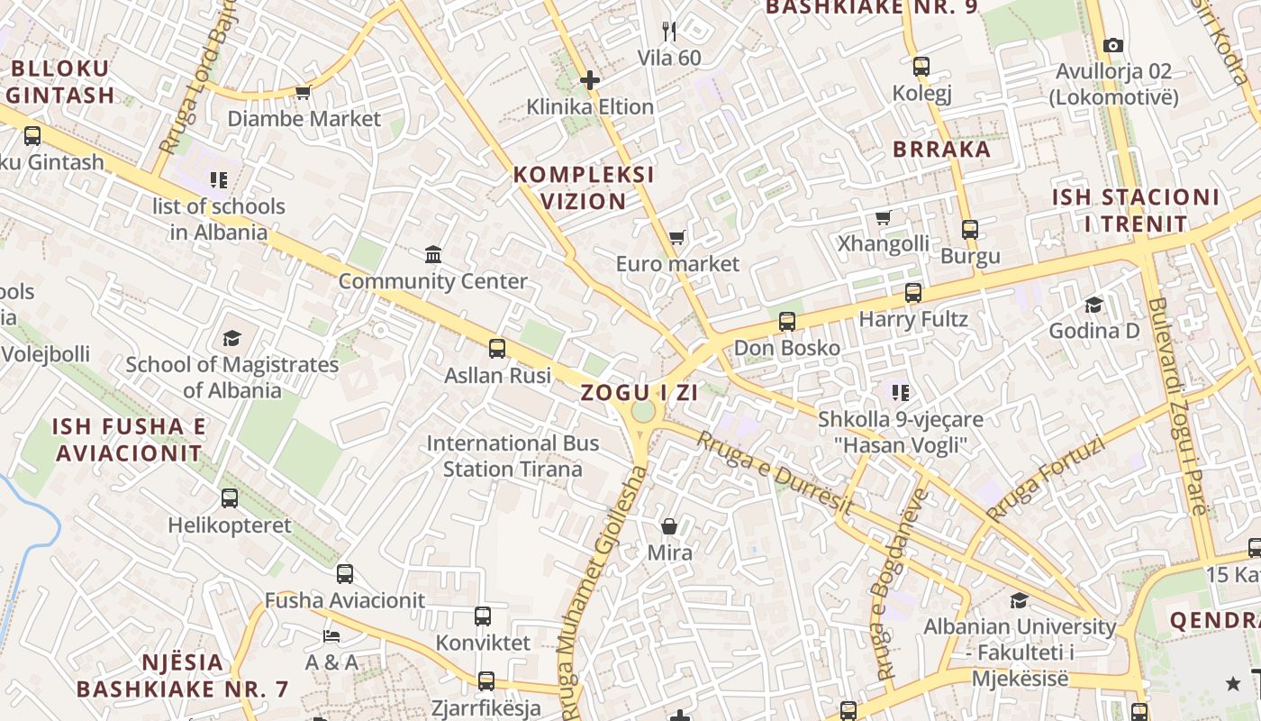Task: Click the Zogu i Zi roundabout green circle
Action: click(643, 411)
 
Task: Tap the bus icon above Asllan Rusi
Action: click(496, 349)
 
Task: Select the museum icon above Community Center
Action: click(433, 255)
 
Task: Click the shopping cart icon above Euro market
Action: click(676, 238)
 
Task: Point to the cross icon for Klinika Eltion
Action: click(590, 80)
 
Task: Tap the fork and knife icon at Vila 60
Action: click(668, 32)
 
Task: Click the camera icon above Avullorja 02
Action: click(1113, 45)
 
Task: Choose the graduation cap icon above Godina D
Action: click(1093, 305)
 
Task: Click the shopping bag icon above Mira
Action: click(669, 526)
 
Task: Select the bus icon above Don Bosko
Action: click(786, 322)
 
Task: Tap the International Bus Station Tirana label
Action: click(513, 456)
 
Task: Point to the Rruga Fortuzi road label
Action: click(1045, 479)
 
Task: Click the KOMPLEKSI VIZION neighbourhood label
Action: click(584, 187)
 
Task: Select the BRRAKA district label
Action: click(941, 150)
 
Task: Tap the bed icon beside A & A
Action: click(331, 636)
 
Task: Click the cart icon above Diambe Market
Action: click(303, 92)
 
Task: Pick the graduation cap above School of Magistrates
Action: click(231, 339)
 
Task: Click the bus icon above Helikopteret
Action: click(230, 498)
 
